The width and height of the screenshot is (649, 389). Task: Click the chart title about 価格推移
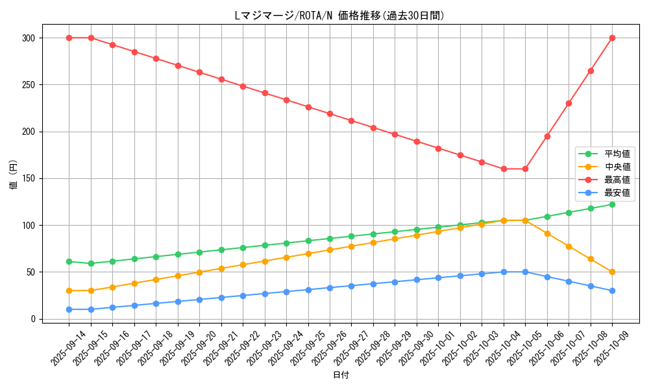click(339, 16)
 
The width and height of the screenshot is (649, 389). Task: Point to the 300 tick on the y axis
click(28, 38)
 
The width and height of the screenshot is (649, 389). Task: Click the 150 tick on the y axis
click(28, 179)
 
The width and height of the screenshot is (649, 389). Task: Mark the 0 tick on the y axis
click(32, 319)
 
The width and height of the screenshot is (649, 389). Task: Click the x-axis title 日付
click(341, 375)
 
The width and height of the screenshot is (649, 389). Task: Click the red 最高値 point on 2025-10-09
click(612, 38)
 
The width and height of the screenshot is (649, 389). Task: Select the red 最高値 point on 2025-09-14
click(69, 38)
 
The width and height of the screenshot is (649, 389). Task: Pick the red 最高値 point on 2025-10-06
click(547, 136)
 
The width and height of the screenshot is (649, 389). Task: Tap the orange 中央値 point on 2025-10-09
click(612, 272)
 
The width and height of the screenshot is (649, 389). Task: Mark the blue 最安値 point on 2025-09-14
click(69, 309)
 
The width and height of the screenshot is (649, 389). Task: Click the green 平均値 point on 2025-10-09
click(612, 204)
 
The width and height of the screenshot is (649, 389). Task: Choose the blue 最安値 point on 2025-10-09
click(612, 290)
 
